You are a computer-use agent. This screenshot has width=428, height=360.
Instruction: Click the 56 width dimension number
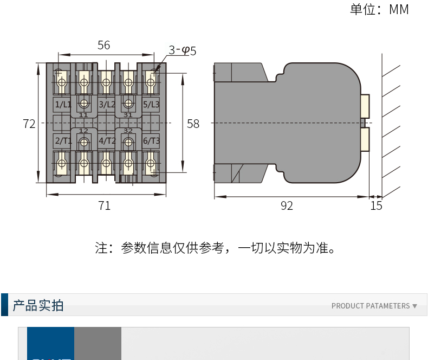[103, 45]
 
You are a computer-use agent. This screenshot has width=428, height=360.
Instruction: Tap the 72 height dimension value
[29, 124]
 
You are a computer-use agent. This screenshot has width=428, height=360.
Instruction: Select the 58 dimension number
[193, 124]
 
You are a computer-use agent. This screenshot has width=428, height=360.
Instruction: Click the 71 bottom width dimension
[104, 205]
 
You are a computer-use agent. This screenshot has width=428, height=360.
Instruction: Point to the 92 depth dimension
[287, 205]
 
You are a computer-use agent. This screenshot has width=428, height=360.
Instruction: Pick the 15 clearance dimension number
[376, 205]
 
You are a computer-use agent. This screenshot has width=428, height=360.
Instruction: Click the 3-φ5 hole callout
[182, 50]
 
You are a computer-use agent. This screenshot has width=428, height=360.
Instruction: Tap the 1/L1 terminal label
[62, 104]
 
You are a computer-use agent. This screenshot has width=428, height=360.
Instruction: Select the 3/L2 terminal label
[107, 104]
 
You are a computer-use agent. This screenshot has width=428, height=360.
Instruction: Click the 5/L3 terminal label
[151, 104]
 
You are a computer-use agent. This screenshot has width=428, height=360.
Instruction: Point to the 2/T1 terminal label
[62, 141]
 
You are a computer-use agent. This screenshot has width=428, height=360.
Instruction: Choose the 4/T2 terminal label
[107, 141]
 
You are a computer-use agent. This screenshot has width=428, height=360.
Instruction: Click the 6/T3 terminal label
[151, 141]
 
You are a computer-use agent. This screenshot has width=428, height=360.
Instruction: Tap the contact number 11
[83, 115]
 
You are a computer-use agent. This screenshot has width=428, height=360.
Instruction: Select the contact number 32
[128, 131]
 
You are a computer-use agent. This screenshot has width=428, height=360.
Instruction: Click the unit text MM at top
[399, 10]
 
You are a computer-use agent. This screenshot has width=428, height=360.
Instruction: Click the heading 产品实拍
[38, 305]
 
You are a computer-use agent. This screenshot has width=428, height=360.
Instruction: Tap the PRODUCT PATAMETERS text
[371, 306]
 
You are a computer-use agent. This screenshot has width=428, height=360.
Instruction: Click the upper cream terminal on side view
[365, 106]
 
